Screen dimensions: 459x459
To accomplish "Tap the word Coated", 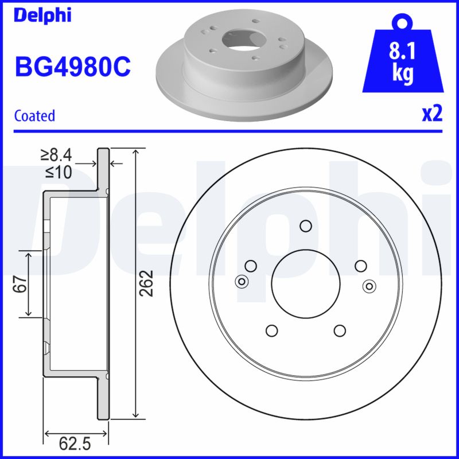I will [x=34, y=115].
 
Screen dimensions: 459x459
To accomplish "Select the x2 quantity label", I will [x=432, y=114].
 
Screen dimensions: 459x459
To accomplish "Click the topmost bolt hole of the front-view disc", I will [x=306, y=225].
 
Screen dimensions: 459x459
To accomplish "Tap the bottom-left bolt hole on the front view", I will [x=271, y=330].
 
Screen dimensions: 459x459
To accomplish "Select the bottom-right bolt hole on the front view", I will [x=340, y=330].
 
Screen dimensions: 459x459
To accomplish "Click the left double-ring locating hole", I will [x=242, y=281].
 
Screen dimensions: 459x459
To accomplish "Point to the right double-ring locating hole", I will [x=369, y=285].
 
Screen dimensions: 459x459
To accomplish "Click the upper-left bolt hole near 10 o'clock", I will [x=250, y=266].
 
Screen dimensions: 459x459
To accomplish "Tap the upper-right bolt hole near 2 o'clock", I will [x=361, y=266].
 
